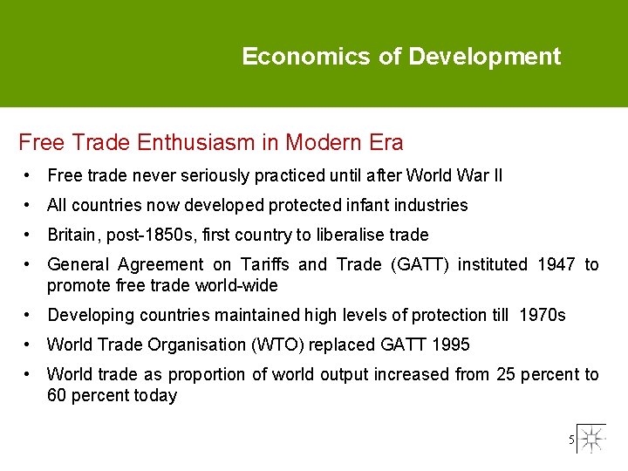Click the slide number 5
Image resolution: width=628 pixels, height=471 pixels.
point(572,440)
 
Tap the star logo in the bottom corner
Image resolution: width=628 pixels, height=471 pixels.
point(590,439)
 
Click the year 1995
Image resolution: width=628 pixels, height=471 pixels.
point(450,345)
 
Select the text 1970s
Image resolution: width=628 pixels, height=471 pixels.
point(542,315)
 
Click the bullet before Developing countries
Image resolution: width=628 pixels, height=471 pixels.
point(30,315)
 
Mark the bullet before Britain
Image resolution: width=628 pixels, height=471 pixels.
point(30,235)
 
